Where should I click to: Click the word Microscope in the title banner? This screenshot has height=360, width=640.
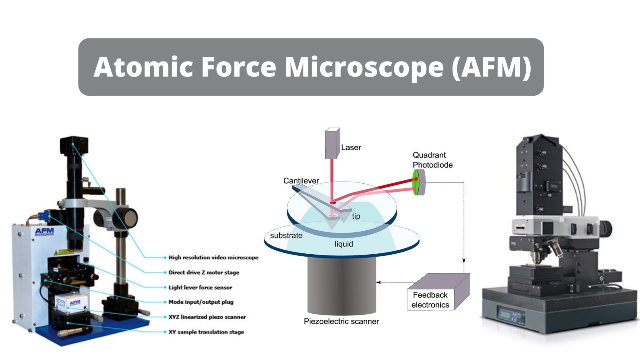point(364,67)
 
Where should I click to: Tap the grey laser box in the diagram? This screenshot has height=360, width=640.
point(332,143)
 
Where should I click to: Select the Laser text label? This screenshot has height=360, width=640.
point(351,147)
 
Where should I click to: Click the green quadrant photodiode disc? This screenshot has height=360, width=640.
point(416,182)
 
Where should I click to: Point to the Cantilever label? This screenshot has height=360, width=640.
point(301,181)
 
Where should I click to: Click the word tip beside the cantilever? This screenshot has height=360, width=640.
point(356,216)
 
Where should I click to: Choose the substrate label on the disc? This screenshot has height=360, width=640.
point(286,236)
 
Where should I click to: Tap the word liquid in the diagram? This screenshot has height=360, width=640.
point(344,244)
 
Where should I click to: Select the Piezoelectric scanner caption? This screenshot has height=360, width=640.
point(341,321)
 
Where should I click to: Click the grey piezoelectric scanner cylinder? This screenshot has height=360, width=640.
point(342,284)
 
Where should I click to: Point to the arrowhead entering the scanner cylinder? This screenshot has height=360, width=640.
point(378,282)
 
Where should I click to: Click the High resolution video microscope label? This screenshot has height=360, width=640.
point(213,257)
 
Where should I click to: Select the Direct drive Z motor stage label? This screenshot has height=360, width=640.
point(204,272)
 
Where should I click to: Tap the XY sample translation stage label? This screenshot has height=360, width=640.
point(206,332)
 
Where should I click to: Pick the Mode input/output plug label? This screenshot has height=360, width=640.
point(201,302)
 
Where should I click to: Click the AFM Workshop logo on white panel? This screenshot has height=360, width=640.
point(44,232)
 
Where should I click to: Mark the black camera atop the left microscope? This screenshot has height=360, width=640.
point(74,146)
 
